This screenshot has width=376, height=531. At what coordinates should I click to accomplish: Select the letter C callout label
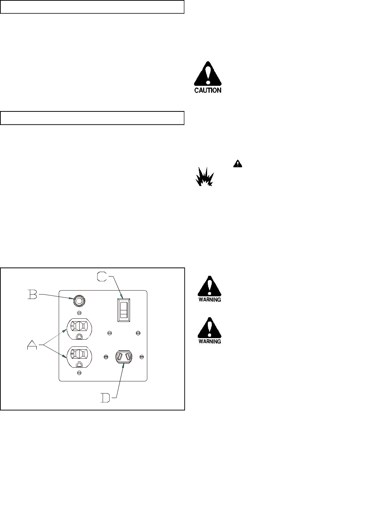click(102, 276)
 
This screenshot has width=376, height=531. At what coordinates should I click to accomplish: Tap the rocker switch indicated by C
click(124, 310)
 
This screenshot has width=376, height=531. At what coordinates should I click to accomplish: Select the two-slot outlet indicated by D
click(124, 357)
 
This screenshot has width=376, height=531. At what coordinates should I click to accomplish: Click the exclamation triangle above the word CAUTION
click(207, 75)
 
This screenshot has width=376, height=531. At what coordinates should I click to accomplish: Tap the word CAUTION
click(208, 90)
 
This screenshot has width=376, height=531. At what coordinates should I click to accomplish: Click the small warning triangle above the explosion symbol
click(237, 164)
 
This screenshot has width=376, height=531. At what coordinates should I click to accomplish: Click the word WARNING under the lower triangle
click(210, 341)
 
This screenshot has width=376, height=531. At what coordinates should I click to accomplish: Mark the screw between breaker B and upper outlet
click(79, 313)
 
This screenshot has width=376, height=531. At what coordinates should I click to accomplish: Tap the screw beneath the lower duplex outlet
click(79, 373)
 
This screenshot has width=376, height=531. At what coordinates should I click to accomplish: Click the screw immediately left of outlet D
click(106, 357)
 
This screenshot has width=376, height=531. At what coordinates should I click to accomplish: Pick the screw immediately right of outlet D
click(142, 357)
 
